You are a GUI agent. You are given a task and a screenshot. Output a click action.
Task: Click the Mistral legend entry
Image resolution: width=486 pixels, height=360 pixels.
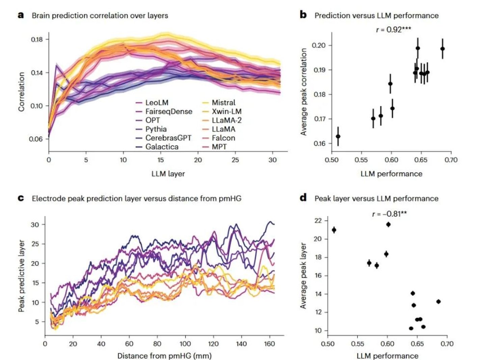tap(223, 103)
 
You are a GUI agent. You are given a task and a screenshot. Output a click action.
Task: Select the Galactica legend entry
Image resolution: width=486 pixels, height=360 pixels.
tap(162, 147)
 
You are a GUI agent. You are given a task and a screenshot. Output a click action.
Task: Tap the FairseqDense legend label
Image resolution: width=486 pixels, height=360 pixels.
tap(169, 111)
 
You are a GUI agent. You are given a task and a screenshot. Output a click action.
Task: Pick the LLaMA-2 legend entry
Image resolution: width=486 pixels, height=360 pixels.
tap(226, 120)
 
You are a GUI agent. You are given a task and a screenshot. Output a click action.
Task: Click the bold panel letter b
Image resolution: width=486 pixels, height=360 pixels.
tap(303, 15)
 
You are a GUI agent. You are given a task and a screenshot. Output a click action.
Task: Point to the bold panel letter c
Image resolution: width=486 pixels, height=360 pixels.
tap(21, 198)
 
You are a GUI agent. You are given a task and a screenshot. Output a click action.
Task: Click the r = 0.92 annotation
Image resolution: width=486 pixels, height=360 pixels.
tap(394, 29)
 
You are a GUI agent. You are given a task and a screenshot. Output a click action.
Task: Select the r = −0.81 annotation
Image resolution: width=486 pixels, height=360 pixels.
tap(389, 214)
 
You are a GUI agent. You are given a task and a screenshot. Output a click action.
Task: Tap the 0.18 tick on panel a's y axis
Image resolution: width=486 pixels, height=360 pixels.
tap(37, 39)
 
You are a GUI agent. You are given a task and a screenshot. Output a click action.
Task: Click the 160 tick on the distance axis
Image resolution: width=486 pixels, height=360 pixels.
tap(269, 344)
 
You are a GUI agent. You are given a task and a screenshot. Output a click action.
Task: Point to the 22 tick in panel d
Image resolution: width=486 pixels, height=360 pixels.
tap(318, 221)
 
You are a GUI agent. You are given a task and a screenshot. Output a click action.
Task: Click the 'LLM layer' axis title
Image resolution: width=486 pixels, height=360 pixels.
tap(168, 174)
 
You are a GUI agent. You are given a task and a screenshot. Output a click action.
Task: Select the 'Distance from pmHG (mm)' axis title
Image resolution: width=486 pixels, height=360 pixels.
tap(164, 356)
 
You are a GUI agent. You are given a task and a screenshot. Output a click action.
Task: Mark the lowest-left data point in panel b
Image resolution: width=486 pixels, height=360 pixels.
tap(338, 136)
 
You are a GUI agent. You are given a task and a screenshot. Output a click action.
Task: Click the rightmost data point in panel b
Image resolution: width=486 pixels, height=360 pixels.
tap(442, 49)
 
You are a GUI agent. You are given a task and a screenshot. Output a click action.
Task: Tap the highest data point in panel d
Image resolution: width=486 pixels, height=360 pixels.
tap(388, 224)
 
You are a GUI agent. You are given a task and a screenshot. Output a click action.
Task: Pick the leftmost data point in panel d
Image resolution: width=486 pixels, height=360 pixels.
tap(334, 230)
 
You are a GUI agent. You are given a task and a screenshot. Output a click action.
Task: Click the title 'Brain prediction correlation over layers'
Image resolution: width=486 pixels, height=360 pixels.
tap(100, 16)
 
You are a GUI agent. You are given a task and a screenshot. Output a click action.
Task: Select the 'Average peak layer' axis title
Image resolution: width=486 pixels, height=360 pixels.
tap(303, 275)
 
